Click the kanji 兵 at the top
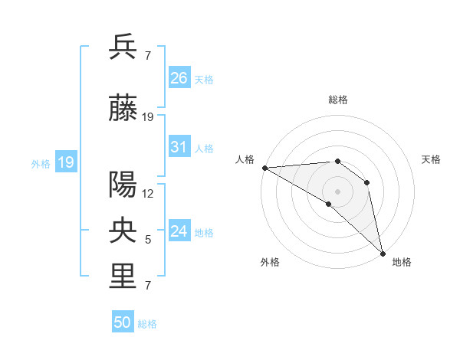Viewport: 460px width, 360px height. (123, 47)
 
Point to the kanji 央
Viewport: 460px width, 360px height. (123, 231)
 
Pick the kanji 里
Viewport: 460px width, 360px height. (123, 277)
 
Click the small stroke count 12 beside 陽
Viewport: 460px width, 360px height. (148, 193)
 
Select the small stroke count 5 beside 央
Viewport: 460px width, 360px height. (148, 240)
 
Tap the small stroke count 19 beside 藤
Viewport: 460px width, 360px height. (148, 117)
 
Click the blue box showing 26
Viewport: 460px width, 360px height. (179, 77)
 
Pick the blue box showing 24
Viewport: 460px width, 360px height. (179, 231)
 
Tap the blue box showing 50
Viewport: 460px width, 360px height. (123, 322)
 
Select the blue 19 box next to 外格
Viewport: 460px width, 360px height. (65, 162)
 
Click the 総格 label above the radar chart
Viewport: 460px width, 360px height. (337, 100)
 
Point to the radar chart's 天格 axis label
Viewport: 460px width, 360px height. (432, 159)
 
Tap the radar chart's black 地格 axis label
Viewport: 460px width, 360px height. (402, 262)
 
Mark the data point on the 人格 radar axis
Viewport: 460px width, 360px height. (264, 168)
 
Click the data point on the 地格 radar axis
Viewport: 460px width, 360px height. (383, 253)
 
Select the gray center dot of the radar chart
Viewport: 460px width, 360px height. (337, 191)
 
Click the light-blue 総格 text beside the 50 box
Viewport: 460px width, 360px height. (147, 324)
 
